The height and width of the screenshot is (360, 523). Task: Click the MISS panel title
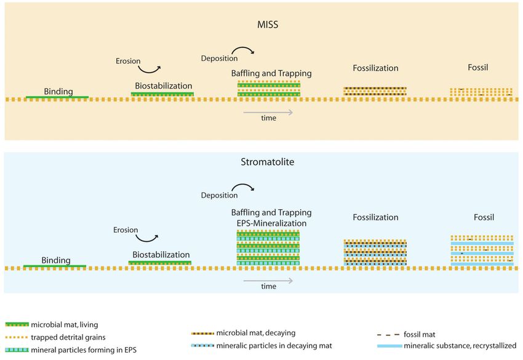pos(268,25)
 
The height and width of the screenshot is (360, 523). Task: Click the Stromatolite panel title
pos(268,162)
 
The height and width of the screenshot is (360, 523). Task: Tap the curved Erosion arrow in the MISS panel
pos(149,70)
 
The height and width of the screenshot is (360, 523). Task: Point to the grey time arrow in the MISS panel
pos(268,113)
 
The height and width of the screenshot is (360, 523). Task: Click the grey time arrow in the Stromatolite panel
pos(268,281)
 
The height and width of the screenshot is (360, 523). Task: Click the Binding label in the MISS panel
pos(58,92)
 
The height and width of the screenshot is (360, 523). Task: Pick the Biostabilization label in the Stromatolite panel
pos(161,255)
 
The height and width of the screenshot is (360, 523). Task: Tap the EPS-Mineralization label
pos(271,223)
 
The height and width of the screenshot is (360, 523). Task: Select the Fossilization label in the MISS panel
pos(375,68)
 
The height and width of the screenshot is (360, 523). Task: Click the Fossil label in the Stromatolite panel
pos(484,217)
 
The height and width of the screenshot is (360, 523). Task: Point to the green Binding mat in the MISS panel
pos(57,97)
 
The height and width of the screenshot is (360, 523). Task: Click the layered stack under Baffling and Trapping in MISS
pos(269,89)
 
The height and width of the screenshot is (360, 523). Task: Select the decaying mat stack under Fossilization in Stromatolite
pos(375,252)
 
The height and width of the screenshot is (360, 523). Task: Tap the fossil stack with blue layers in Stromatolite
pos(482,250)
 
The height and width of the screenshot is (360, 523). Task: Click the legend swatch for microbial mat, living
pos(17,324)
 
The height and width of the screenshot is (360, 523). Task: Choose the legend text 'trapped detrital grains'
pos(68,337)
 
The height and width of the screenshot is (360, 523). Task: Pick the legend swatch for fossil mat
pos(388,334)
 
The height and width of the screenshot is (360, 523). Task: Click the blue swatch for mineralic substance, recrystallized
pos(389,346)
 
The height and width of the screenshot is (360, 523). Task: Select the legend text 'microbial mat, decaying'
pos(256,333)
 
